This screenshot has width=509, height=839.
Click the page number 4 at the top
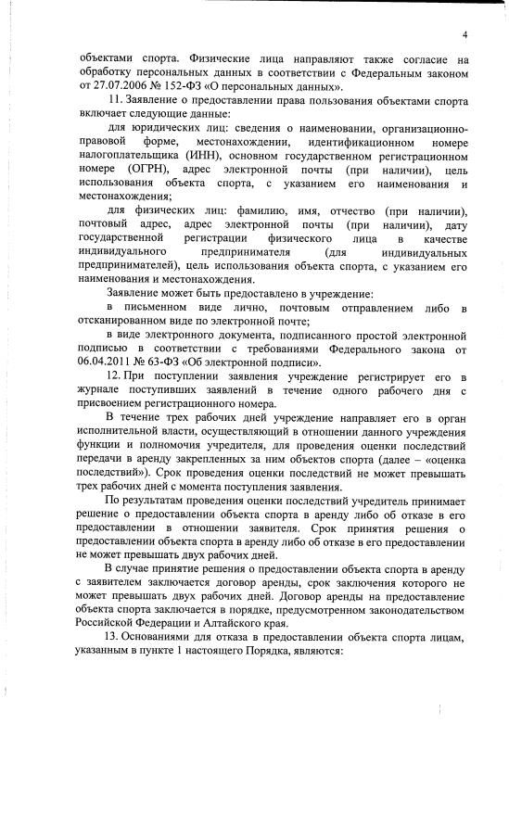[x=462, y=34]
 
